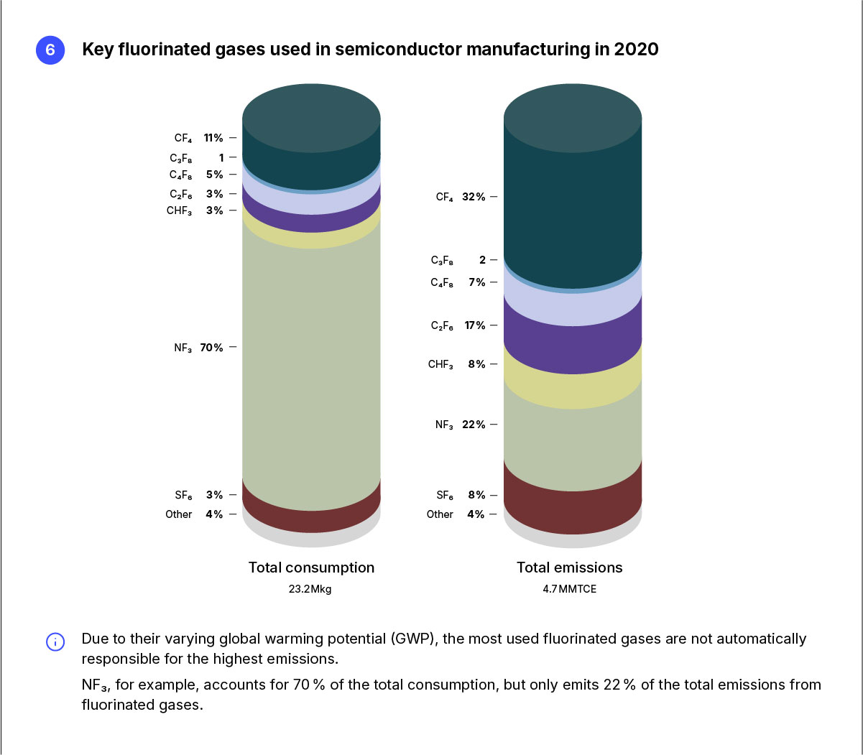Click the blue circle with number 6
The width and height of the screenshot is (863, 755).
point(50,50)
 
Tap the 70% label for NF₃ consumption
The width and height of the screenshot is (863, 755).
point(211,348)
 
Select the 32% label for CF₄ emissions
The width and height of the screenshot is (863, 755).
point(474,197)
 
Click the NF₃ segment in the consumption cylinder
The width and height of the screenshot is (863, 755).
point(311,359)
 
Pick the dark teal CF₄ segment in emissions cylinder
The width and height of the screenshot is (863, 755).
point(573,208)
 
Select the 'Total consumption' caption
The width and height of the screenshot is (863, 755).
point(311,568)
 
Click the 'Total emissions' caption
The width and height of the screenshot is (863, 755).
point(570,568)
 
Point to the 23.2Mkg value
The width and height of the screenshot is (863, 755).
point(310,589)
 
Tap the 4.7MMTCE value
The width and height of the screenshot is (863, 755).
point(570,589)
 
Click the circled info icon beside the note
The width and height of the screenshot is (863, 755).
point(55,641)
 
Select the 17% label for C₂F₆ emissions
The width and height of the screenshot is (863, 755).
point(475,325)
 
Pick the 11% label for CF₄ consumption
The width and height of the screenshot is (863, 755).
point(213,138)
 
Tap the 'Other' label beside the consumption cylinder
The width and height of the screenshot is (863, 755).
point(178,514)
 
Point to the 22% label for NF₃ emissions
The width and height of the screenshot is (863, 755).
point(474,425)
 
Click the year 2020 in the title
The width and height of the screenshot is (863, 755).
point(636,50)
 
